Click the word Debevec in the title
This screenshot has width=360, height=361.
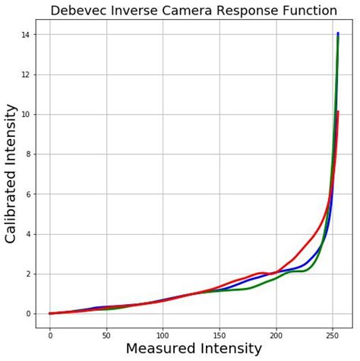pos(80,11)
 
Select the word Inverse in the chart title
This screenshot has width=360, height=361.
pos(139,11)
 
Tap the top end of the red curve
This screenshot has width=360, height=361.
pos(338,112)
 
